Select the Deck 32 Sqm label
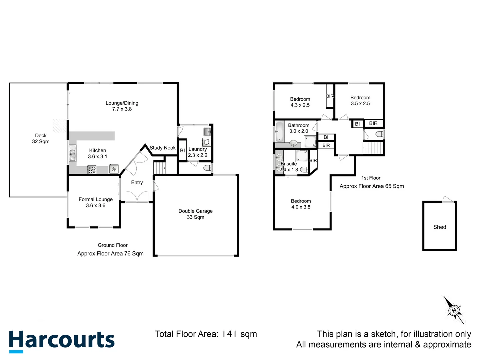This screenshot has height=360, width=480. [x=41, y=138]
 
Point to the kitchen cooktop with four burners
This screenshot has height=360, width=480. [x=92, y=170]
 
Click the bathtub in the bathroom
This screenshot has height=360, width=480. [x=279, y=132]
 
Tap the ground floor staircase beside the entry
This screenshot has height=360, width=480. [x=159, y=167]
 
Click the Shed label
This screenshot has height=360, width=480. [x=439, y=227]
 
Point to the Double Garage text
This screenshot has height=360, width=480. [x=195, y=211]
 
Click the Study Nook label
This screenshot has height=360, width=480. [x=162, y=148]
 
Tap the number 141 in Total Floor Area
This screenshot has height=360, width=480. [x=229, y=334]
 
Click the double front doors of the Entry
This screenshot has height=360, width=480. [x=137, y=197]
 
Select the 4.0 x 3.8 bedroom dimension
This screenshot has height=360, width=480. [x=301, y=207]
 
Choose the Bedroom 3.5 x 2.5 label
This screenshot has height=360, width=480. [x=360, y=100]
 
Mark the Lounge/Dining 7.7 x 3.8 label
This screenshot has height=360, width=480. [x=122, y=106]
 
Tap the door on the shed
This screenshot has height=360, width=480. [x=448, y=199]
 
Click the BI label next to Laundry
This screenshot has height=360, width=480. [x=182, y=150]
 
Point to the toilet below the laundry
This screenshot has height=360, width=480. [x=207, y=168]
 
